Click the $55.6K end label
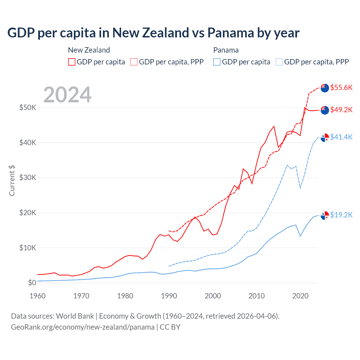pos(341,87)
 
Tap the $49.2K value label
pos(341,110)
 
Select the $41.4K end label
pos(341,137)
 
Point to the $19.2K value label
pos(341,215)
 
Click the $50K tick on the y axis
pos(28,107)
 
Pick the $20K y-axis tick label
pos(28,213)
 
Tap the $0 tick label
pos(32,283)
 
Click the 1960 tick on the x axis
pos(37,296)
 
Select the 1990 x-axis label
pos(169,296)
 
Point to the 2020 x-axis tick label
pos(300,296)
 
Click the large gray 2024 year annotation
pos(67,95)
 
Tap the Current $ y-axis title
pos(12,181)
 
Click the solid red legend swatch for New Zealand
pos(72,62)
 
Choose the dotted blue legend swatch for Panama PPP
pos(279,62)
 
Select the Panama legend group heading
pos(226,50)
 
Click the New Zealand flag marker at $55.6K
pos(325,88)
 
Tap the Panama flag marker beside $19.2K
pos(325,215)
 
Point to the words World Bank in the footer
pos(75,316)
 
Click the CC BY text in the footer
pos(170,327)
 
